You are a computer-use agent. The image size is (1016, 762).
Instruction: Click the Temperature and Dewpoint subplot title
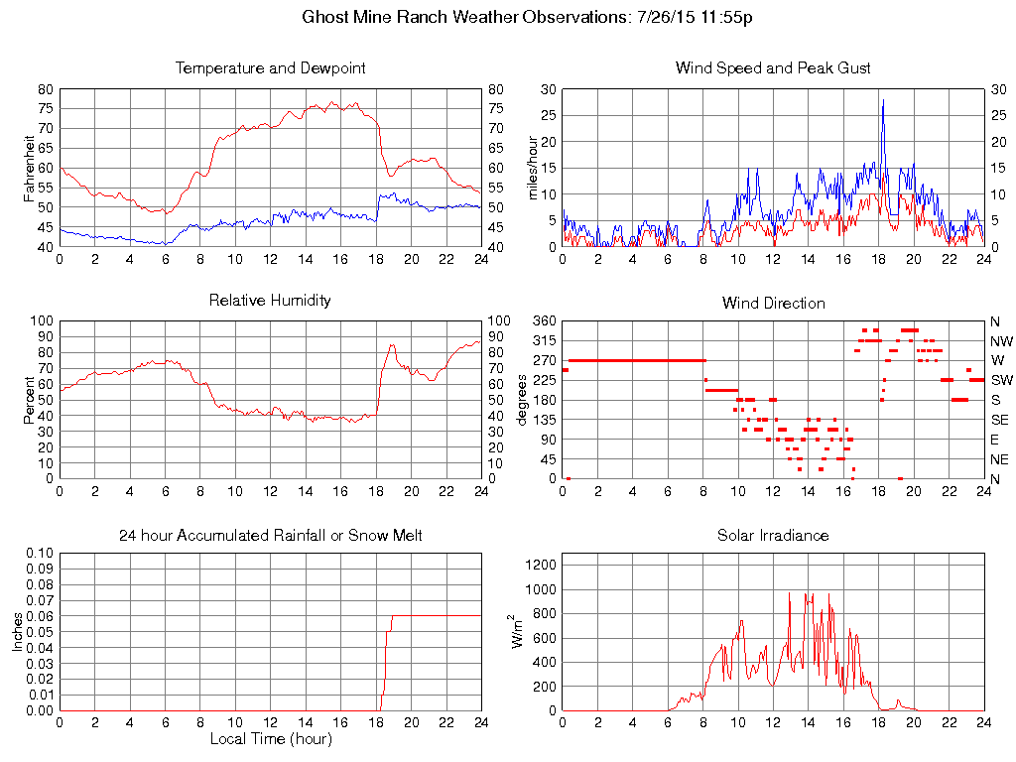tap(270, 68)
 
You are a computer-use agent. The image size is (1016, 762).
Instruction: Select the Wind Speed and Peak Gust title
tap(773, 68)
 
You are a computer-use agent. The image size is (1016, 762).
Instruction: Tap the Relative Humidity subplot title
tap(270, 300)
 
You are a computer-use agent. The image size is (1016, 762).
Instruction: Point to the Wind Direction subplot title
tap(773, 303)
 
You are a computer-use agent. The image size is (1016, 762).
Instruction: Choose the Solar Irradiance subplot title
tap(773, 536)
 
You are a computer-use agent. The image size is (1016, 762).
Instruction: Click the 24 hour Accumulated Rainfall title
tap(270, 536)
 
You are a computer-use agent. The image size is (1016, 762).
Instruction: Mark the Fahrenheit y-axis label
tap(30, 168)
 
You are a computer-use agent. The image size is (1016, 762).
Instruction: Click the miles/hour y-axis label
tap(533, 168)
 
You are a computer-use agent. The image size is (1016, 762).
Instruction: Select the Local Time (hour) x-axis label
tap(270, 739)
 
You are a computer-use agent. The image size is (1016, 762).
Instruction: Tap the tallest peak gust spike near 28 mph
tap(883, 100)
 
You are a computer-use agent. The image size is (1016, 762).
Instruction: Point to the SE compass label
tap(999, 420)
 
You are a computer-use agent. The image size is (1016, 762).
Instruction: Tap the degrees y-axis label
tap(523, 400)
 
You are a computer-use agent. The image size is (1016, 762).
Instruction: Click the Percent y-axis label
tap(30, 400)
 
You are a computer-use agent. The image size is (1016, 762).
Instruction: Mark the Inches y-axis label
tap(17, 632)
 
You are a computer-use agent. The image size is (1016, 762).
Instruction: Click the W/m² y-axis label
tap(518, 631)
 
